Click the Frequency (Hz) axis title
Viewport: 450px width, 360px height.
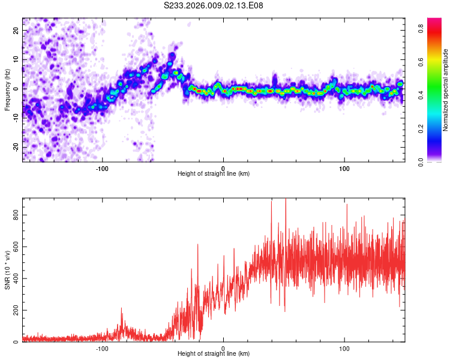coord(7,90)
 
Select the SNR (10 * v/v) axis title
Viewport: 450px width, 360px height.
coord(7,270)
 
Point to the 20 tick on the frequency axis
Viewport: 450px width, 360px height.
coord(16,31)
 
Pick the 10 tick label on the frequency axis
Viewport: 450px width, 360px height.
coord(16,60)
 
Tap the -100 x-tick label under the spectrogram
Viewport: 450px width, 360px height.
coord(102,167)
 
